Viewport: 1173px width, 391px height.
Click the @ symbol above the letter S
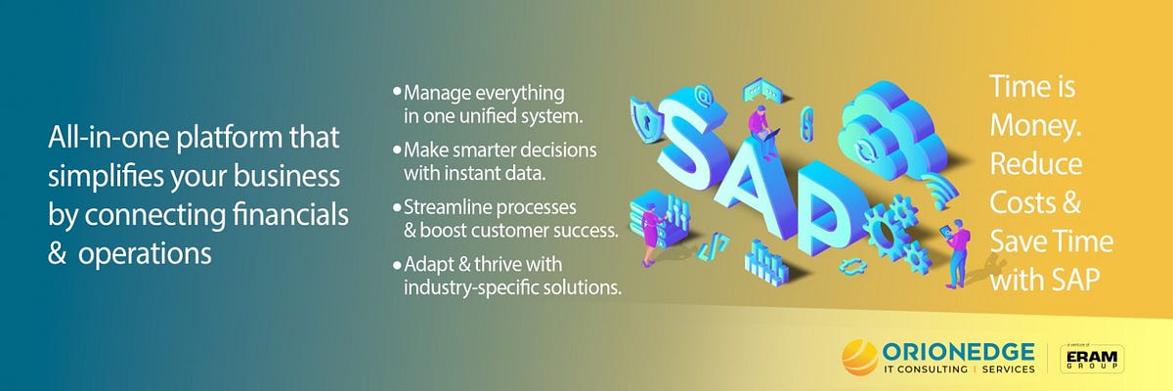point(701,96)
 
